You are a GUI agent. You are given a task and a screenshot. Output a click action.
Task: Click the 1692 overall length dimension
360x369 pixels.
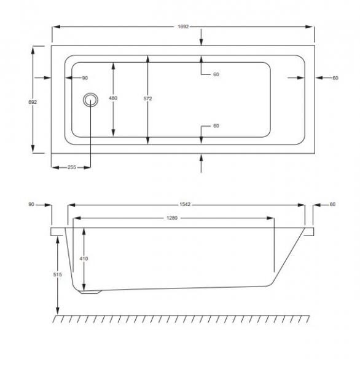click(x=183, y=26)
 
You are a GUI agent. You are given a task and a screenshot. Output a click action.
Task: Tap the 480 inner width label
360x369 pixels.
click(x=113, y=98)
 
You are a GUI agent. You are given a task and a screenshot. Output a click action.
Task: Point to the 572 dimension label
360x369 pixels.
click(x=147, y=98)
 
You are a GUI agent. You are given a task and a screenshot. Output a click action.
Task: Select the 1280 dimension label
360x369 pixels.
click(x=173, y=218)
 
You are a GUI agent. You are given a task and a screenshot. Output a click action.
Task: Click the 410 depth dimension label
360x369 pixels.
click(x=84, y=259)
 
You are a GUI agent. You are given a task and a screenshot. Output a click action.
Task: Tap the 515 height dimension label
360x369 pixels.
click(x=58, y=276)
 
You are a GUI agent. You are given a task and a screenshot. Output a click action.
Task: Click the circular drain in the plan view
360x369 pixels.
click(x=91, y=99)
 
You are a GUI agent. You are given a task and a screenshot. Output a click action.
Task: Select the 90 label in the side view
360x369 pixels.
click(x=32, y=204)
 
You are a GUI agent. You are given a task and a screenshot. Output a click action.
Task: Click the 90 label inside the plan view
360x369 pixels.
click(x=85, y=78)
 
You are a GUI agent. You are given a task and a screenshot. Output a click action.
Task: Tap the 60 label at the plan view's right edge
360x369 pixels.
click(x=335, y=78)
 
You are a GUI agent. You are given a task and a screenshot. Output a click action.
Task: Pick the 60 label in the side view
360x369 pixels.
click(x=332, y=204)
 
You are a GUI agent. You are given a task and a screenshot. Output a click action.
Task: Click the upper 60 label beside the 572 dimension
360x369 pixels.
click(x=216, y=74)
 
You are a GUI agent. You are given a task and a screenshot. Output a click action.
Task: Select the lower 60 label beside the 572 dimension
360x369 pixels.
click(x=216, y=126)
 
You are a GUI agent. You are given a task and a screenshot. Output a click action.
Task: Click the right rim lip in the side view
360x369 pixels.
click(x=309, y=231)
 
